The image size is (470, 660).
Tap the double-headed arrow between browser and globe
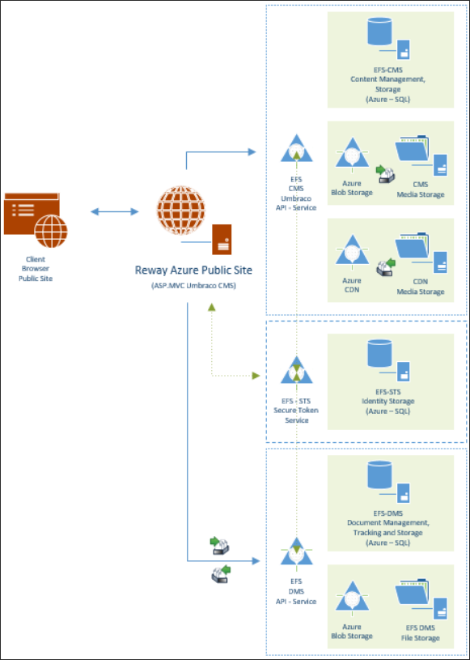pyautogui.click(x=114, y=212)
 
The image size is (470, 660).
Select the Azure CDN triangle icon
pyautogui.click(x=352, y=252)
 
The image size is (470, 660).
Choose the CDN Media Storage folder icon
pyautogui.click(x=419, y=254)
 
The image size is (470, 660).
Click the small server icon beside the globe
pyautogui.click(x=221, y=237)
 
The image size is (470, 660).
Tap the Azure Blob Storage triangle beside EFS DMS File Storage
pyautogui.click(x=352, y=598)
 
